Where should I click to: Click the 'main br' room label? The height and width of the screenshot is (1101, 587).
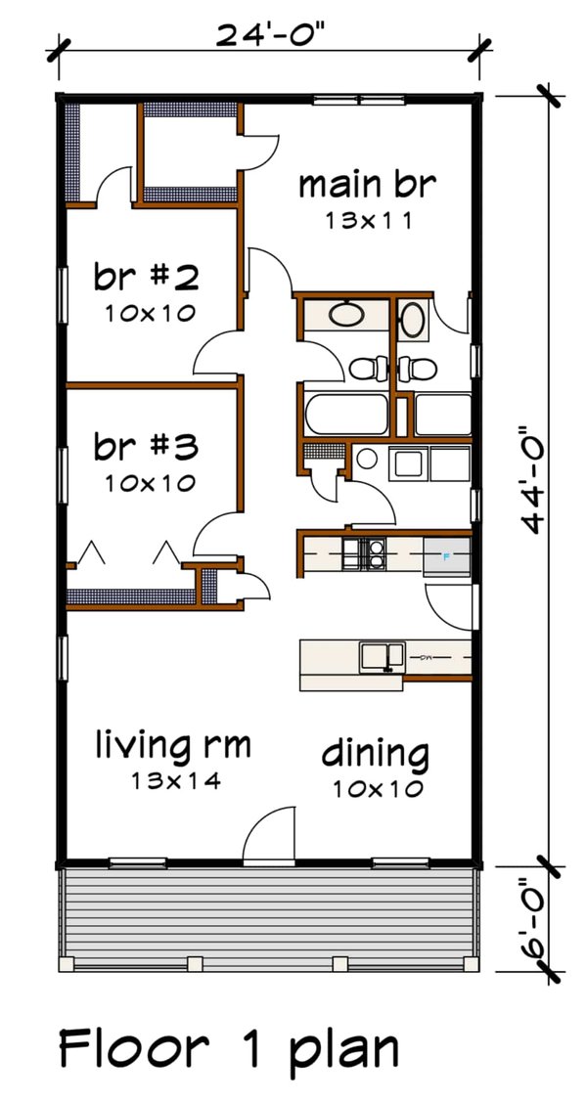(366, 184)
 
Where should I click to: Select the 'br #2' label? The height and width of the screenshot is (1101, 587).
(147, 278)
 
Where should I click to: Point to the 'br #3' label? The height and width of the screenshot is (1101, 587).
(147, 447)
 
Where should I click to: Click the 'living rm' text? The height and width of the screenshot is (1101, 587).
(172, 746)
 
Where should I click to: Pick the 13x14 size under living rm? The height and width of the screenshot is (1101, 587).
(172, 781)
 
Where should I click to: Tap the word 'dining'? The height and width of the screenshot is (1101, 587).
(375, 754)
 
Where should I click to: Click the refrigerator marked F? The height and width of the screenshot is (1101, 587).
(447, 557)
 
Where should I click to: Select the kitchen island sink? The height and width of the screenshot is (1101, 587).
(383, 656)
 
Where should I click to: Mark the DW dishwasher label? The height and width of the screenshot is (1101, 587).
(427, 658)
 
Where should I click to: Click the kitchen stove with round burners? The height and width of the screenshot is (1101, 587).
(371, 554)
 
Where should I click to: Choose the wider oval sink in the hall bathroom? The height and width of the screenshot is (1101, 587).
(344, 316)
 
